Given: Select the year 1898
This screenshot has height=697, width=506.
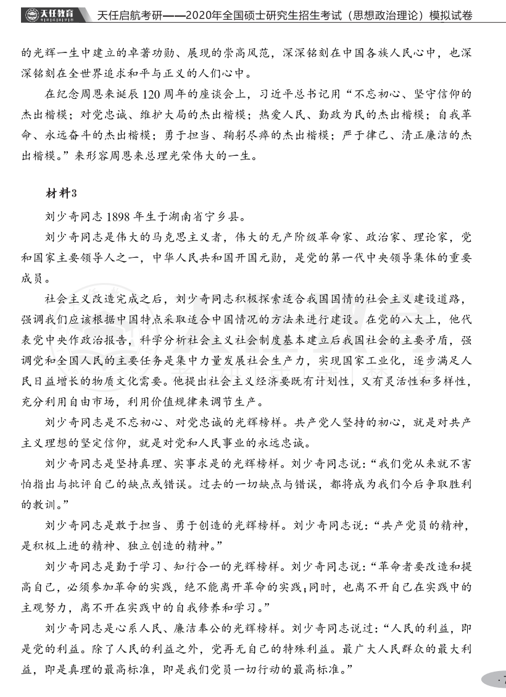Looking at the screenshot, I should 120,216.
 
